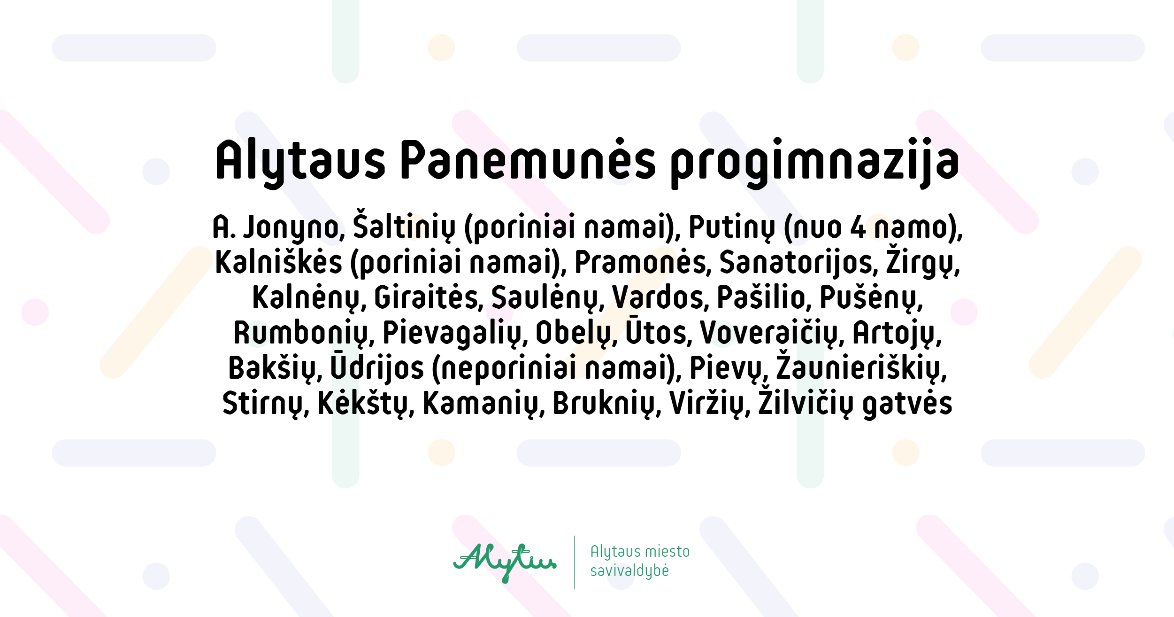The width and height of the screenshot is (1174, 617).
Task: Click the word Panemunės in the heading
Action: [x=528, y=160]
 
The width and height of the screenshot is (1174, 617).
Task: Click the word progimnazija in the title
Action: [x=814, y=163]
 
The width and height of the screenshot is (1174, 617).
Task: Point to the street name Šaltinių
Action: [x=404, y=226]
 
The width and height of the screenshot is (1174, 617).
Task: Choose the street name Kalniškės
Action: [x=279, y=261]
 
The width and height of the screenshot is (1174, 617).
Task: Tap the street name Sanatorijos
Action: [x=798, y=263]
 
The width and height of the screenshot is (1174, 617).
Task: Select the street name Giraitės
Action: [x=429, y=297]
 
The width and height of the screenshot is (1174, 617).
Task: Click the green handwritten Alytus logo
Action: [x=505, y=562]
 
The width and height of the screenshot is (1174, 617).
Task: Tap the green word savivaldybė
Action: [x=629, y=571]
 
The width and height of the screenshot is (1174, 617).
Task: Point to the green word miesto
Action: [x=667, y=551]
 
